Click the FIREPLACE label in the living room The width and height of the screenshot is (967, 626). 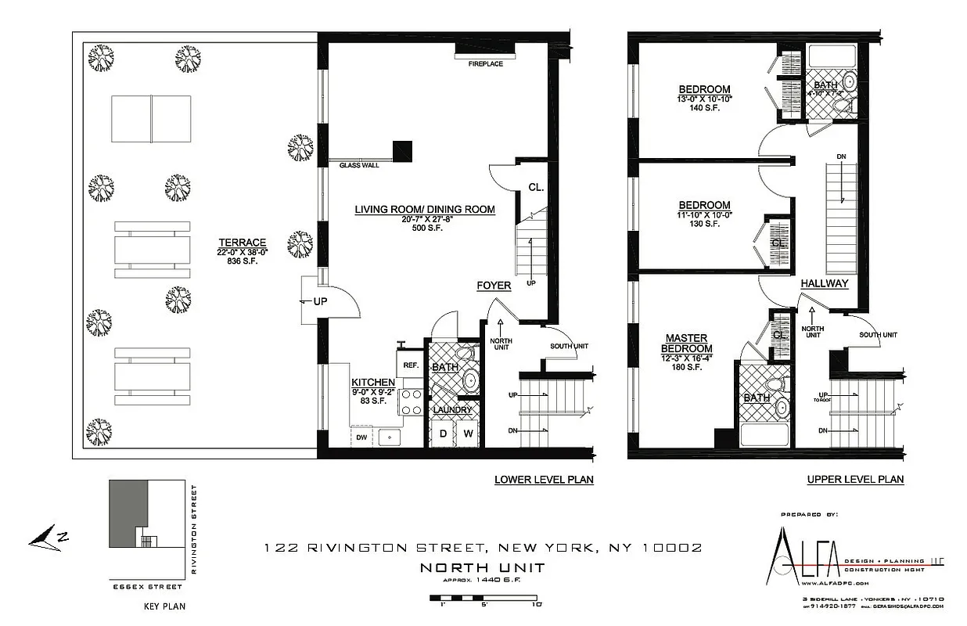pyautogui.click(x=485, y=63)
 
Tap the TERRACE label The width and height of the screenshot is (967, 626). pyautogui.click(x=241, y=243)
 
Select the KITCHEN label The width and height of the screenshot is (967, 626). pyautogui.click(x=372, y=382)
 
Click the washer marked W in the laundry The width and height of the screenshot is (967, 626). pyautogui.click(x=468, y=433)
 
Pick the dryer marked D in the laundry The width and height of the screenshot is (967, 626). pyautogui.click(x=442, y=433)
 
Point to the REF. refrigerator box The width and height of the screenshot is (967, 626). pyautogui.click(x=411, y=365)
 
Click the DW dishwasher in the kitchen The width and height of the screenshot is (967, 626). pyautogui.click(x=361, y=437)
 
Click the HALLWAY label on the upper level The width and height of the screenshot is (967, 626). pyautogui.click(x=824, y=283)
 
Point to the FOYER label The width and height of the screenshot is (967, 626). pyautogui.click(x=494, y=286)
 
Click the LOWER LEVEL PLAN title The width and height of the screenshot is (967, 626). pyautogui.click(x=543, y=480)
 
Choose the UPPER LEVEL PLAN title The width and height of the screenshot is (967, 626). pyautogui.click(x=855, y=480)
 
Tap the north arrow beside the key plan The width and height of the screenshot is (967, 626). pyautogui.click(x=49, y=538)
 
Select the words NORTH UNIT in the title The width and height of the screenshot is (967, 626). pyautogui.click(x=483, y=567)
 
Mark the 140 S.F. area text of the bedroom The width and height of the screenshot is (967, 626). pyautogui.click(x=704, y=108)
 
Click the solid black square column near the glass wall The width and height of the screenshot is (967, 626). pyautogui.click(x=402, y=150)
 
